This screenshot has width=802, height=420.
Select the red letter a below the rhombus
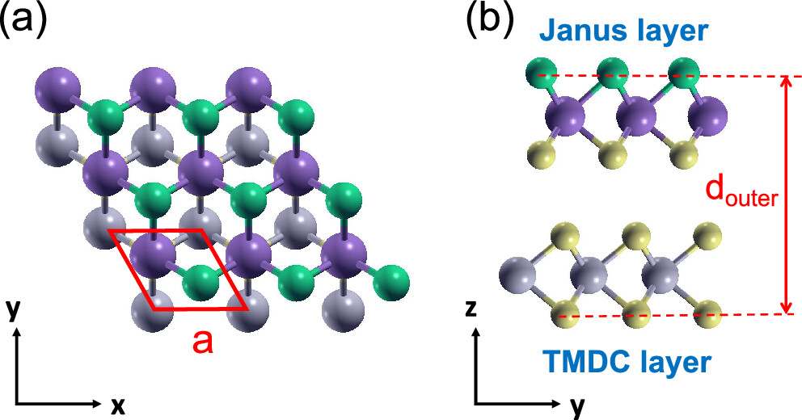point(203,342)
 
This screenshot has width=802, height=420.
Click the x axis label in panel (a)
point(118,406)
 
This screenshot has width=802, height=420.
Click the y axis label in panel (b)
point(577,406)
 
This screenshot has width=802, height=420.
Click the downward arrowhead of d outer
point(783,307)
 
